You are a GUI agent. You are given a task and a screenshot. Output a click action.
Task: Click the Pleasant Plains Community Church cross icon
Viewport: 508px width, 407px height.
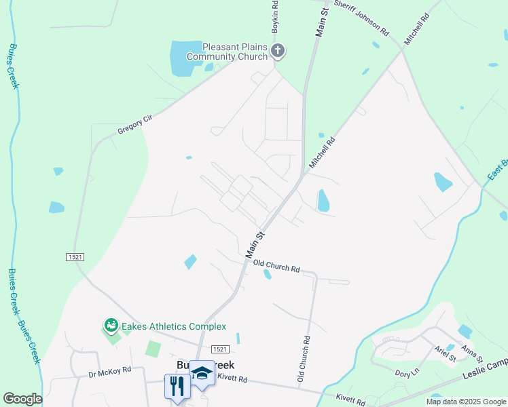tap(277, 50)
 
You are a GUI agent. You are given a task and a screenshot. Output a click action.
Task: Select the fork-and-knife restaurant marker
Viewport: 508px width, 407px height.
tap(177, 387)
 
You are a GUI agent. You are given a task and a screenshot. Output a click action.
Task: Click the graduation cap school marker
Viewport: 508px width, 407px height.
tap(202, 375)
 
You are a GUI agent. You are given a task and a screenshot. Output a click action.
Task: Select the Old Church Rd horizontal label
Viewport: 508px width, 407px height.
tap(276, 265)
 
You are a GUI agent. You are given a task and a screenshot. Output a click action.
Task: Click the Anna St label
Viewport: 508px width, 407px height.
tap(471, 353)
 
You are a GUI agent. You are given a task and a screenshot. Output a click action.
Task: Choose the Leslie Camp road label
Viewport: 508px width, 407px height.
tap(485, 370)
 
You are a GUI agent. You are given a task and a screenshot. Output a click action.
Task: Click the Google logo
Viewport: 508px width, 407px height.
tap(22, 399)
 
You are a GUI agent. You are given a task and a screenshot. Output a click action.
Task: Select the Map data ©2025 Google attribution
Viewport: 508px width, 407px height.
tap(466, 402)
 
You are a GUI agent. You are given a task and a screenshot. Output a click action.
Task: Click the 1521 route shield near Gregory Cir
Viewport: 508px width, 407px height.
tap(75, 257)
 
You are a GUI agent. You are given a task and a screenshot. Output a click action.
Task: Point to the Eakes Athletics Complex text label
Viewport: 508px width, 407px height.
tap(174, 327)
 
